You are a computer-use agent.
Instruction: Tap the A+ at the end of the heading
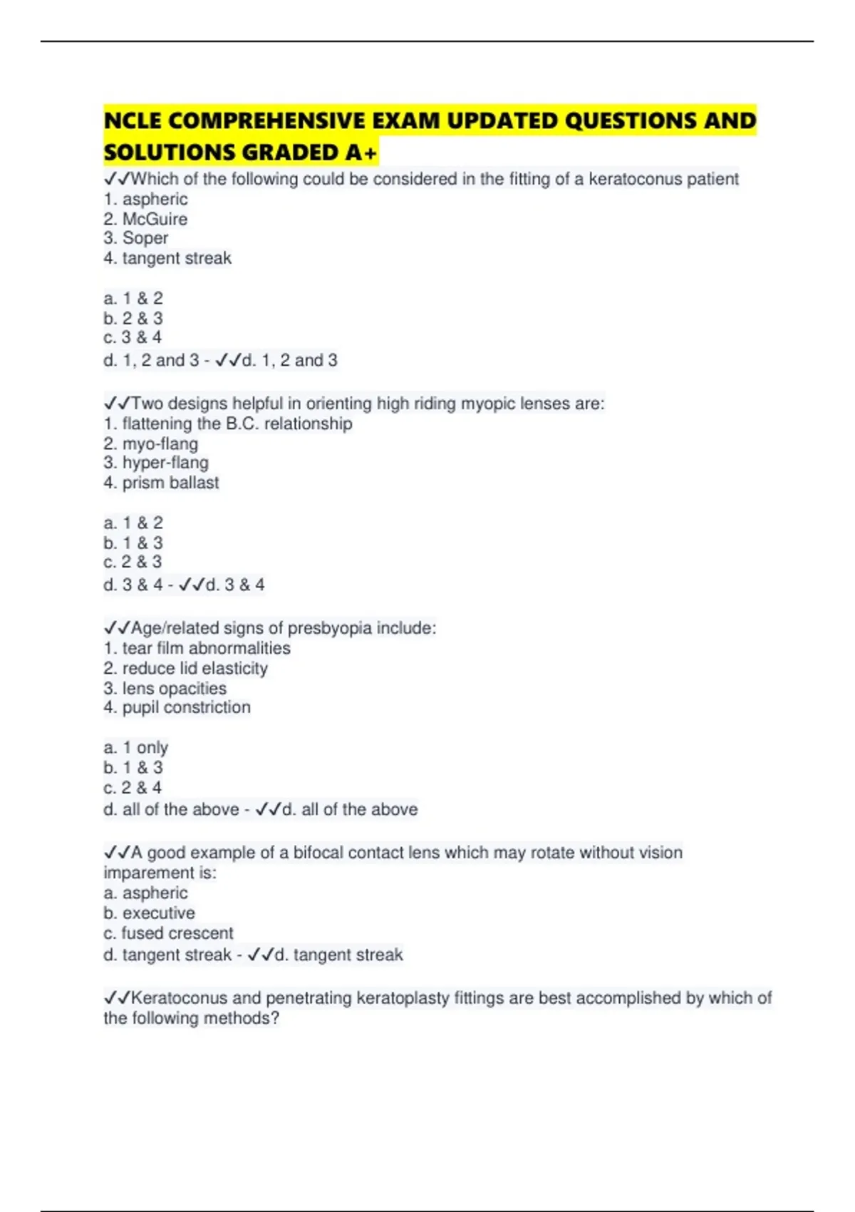[361, 153]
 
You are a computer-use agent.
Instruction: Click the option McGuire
[155, 219]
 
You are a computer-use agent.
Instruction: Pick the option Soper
[145, 238]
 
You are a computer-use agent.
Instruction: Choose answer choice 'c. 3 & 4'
[133, 337]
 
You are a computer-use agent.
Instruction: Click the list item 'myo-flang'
[160, 443]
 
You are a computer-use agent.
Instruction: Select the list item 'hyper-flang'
[165, 463]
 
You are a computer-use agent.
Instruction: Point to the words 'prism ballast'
[170, 483]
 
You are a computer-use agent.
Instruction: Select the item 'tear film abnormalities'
[206, 648]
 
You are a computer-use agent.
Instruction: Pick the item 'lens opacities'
[174, 688]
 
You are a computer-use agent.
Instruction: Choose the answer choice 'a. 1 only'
[136, 748]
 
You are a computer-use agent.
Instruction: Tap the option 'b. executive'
[149, 913]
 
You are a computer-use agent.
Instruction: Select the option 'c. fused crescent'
[168, 933]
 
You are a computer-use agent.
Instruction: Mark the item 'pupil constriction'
[186, 707]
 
